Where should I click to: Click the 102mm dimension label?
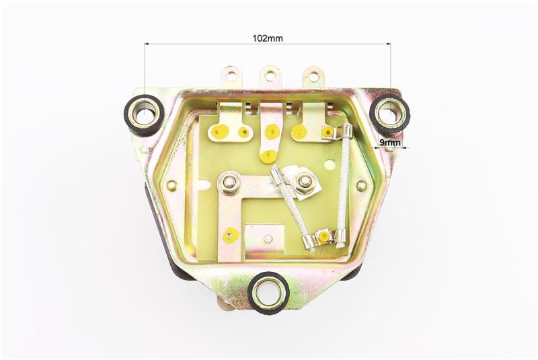pos(268,38)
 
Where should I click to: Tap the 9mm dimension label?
pos(390,142)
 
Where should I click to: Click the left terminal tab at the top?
pos(231,77)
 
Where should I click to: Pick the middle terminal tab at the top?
pos(271,77)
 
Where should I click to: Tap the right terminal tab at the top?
pos(313,77)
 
